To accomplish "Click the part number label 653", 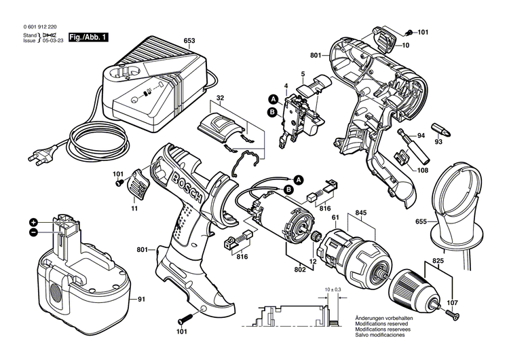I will pos(188,41).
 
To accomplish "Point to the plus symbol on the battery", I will pos(33,222).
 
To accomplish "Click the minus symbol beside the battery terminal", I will pos(33,232).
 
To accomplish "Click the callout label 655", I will pos(421,221).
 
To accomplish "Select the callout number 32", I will pos(220,98).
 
